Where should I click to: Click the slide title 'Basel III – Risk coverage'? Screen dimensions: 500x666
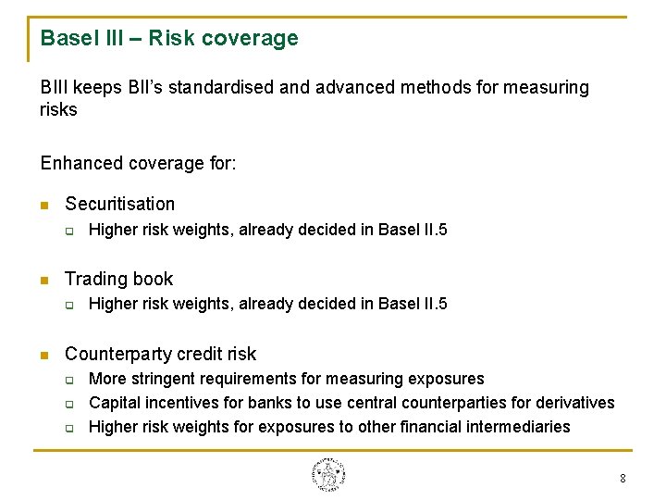[169, 39]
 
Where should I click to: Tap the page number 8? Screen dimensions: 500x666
[623, 479]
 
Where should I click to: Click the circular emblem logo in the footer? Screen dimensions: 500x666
[327, 474]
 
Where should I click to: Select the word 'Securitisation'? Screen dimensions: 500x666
[120, 204]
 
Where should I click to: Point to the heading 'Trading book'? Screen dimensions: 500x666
[118, 279]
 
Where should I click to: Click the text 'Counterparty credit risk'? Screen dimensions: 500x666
[160, 354]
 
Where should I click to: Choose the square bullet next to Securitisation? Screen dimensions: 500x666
[43, 205]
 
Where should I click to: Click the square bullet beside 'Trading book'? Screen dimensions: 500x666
[43, 280]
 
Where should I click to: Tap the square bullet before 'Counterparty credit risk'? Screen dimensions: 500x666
[43, 355]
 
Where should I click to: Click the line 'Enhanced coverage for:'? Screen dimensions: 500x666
[138, 163]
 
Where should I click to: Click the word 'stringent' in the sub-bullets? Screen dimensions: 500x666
[162, 379]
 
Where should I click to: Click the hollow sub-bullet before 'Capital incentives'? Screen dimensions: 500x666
[68, 404]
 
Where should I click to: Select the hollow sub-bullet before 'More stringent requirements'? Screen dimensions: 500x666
[68, 380]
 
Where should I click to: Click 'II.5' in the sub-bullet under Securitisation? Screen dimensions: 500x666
[434, 229]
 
